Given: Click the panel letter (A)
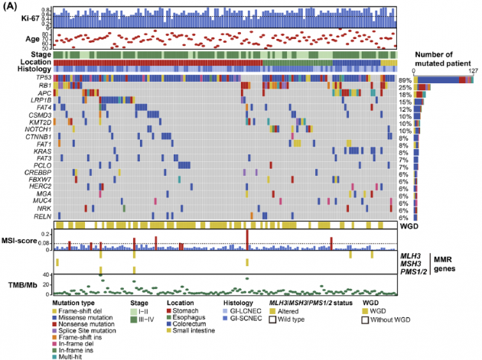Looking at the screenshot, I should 12,6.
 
